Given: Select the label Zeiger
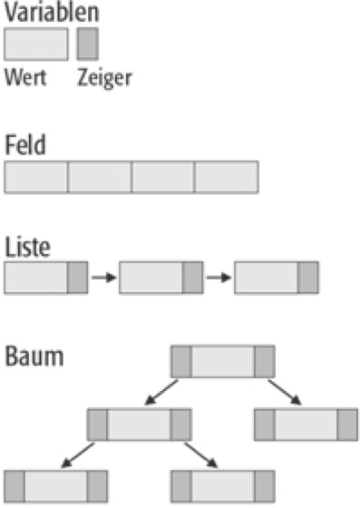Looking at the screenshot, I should pos(105,77).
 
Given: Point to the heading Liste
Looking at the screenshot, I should pos(27,246).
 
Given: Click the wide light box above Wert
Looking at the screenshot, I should pos(36,44).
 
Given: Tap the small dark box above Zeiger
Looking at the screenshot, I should pos(88,44).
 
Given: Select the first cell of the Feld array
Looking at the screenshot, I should pos(36,177).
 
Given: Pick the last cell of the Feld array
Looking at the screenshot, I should pos(227,177).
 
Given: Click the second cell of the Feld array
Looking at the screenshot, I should pos(100,177).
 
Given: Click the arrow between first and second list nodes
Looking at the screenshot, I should pos(103,278).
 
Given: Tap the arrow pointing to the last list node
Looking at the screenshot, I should pos(218,278).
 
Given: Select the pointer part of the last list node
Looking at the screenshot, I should pos(308,278).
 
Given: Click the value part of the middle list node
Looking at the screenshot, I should pos(151,278).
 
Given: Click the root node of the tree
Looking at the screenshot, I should pos(222,361).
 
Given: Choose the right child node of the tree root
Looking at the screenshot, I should pos(306,425).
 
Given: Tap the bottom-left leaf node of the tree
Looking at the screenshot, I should pos(55,486).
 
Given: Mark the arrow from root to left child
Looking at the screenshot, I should pos(160,393).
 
